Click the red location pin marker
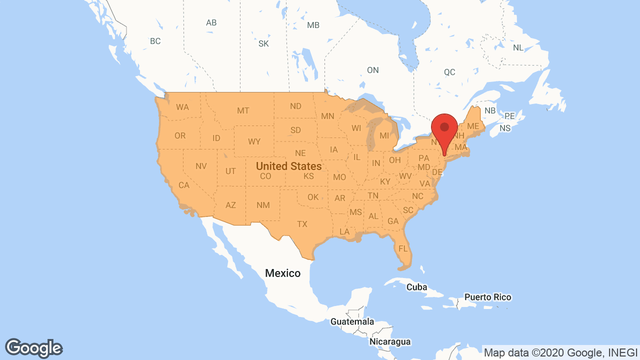444,128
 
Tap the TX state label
302,224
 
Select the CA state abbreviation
184,185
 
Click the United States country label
288,165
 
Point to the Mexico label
282,273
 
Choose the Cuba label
416,287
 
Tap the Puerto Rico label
487,297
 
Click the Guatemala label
352,321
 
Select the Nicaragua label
390,342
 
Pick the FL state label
403,248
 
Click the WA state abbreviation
182,107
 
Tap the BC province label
155,41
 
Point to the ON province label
372,70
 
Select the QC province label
449,72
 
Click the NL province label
518,47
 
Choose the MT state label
243,110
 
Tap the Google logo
34,348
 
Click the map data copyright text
560,352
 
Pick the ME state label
473,126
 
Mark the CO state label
265,176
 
